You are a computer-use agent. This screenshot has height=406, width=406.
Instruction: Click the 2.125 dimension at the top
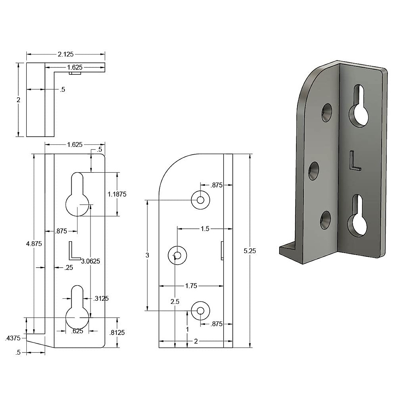click(66, 54)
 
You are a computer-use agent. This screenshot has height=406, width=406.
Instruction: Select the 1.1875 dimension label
click(117, 194)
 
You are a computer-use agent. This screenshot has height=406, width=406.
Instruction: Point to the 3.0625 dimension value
click(91, 261)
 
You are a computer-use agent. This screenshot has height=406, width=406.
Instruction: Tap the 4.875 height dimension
click(34, 244)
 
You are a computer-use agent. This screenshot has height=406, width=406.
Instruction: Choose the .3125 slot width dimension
click(101, 298)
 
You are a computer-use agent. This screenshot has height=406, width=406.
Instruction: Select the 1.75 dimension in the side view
click(191, 286)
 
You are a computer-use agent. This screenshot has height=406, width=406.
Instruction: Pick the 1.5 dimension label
click(205, 229)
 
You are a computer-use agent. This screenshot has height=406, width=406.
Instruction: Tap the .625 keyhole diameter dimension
click(77, 331)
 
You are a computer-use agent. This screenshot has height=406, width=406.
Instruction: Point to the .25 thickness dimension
click(69, 268)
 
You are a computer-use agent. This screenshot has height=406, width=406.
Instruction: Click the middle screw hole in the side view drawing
click(178, 255)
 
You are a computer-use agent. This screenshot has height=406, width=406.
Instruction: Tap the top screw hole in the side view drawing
click(200, 200)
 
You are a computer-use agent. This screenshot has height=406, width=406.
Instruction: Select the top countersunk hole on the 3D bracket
click(326, 113)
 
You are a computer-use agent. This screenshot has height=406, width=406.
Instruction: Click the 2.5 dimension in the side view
click(175, 302)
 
